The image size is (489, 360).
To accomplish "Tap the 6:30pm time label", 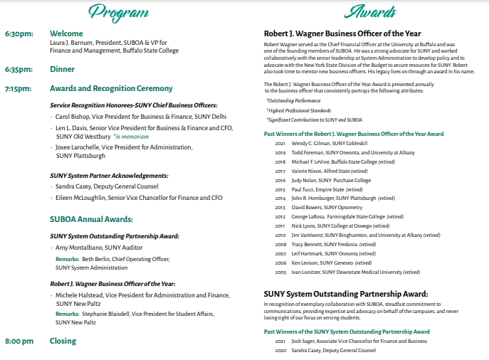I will (19, 34).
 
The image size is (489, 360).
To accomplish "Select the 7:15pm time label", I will (19, 89).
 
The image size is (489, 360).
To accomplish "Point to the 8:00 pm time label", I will (19, 342).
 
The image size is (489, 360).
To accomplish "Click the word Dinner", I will (62, 70).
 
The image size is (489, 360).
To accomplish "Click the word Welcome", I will (66, 33).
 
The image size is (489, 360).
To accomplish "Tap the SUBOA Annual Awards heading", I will (91, 220).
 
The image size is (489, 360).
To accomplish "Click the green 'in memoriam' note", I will (132, 136).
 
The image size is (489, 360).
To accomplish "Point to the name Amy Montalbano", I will (80, 248).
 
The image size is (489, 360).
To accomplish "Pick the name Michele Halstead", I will (80, 295).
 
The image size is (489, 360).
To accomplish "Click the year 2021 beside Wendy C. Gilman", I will (280, 142).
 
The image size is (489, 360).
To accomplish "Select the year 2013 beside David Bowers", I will (280, 207).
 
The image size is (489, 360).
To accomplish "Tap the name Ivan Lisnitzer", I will (305, 272).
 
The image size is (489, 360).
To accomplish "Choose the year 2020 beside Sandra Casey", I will (280, 351).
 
